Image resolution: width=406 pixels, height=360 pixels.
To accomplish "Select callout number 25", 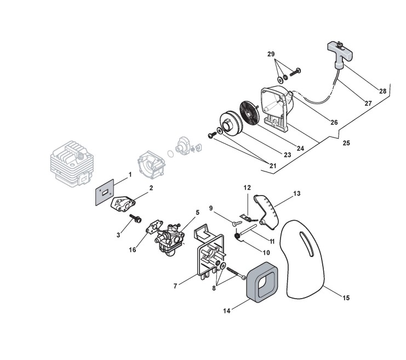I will pos(346,143).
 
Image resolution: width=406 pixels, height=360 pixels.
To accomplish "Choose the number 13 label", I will pos(297,193).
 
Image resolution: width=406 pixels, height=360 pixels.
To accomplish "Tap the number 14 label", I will pos(226,311).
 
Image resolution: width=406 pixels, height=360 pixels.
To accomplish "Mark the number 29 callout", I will pos(271,54).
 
